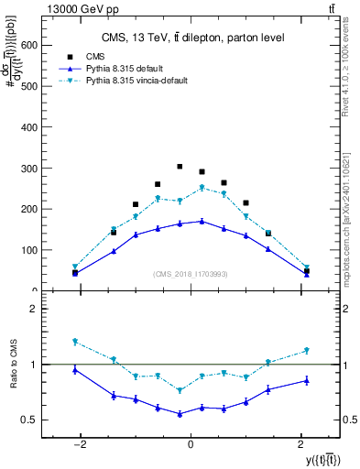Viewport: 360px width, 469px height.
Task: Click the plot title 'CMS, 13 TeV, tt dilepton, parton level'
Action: click(192, 38)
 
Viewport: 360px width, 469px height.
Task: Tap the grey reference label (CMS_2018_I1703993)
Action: click(191, 274)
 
